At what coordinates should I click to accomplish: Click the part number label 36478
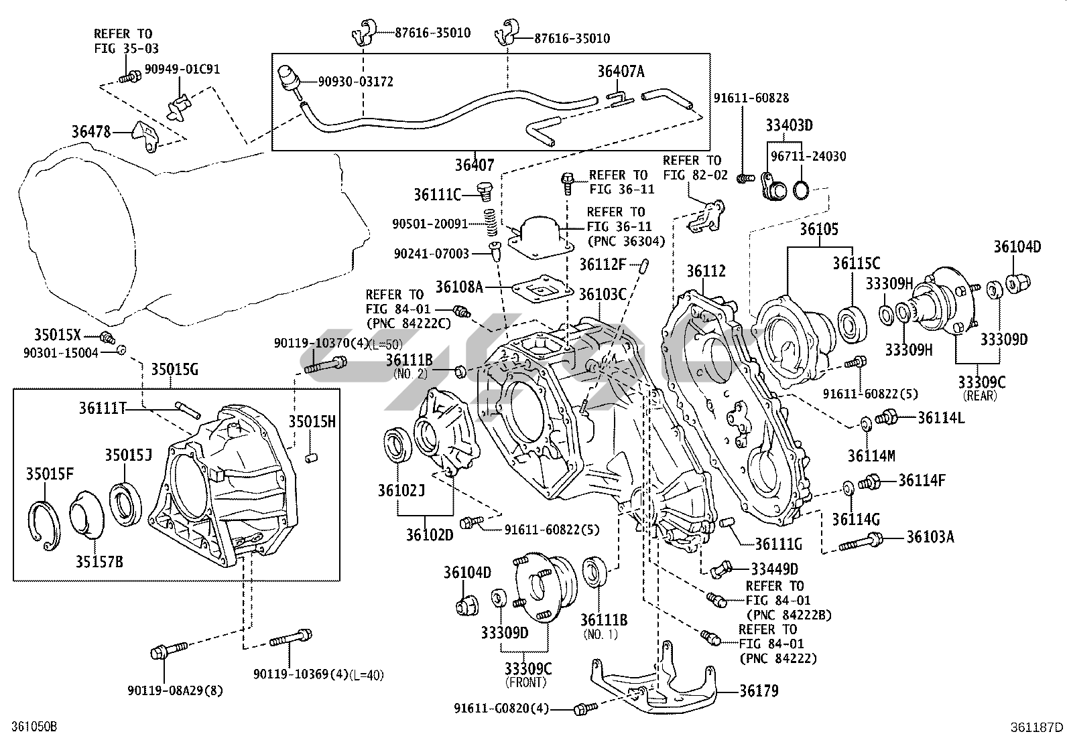click(x=91, y=133)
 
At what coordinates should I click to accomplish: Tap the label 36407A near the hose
click(x=621, y=72)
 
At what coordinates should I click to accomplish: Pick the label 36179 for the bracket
click(x=759, y=690)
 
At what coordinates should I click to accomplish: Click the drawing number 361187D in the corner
click(x=1038, y=727)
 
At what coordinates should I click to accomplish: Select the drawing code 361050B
click(x=29, y=726)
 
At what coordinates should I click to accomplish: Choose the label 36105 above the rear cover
click(x=818, y=230)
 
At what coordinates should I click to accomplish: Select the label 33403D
click(x=790, y=125)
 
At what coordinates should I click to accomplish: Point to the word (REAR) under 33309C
click(x=981, y=396)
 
